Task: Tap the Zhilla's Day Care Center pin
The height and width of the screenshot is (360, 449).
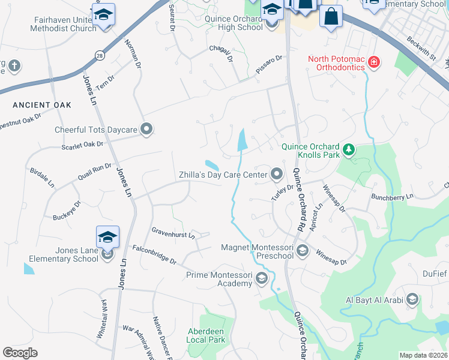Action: [x=277, y=175]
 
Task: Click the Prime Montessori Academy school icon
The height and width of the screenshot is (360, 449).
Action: [x=261, y=278]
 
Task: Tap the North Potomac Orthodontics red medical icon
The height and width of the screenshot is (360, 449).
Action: [x=374, y=62]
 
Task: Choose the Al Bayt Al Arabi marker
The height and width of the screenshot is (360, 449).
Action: [x=412, y=299]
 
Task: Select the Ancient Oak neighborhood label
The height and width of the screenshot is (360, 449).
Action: [x=42, y=105]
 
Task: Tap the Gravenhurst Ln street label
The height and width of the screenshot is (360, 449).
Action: [x=173, y=232]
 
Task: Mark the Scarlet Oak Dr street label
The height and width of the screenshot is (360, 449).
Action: [x=83, y=145]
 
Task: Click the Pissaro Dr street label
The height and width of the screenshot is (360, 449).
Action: [x=268, y=64]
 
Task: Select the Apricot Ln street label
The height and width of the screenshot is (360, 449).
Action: [x=318, y=214]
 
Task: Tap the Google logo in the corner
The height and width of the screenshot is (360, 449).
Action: [x=20, y=353]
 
